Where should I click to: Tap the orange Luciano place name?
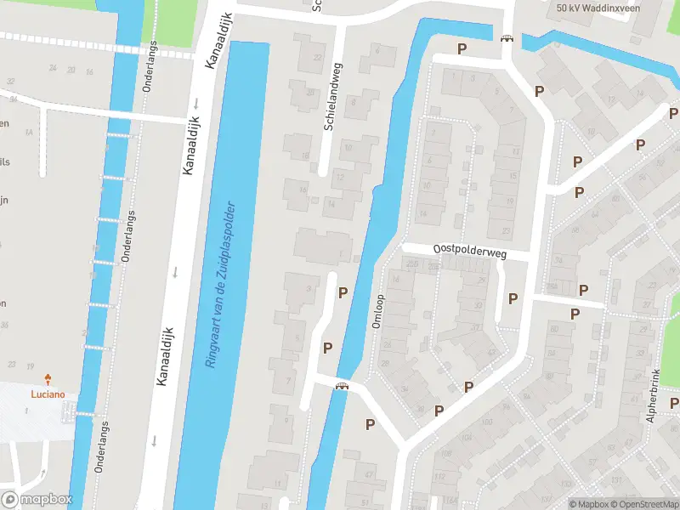48,394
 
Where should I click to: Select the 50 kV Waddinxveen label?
597,8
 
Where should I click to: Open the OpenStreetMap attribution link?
645,504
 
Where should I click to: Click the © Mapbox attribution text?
591,504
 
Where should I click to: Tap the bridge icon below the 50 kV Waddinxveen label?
507,38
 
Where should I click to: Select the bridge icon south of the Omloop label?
342,386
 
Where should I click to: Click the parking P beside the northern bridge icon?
462,49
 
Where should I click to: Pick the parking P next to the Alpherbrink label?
673,403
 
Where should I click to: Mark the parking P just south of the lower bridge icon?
370,424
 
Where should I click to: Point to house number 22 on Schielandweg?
319,57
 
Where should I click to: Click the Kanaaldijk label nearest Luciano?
167,357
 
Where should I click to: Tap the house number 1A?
28,133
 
